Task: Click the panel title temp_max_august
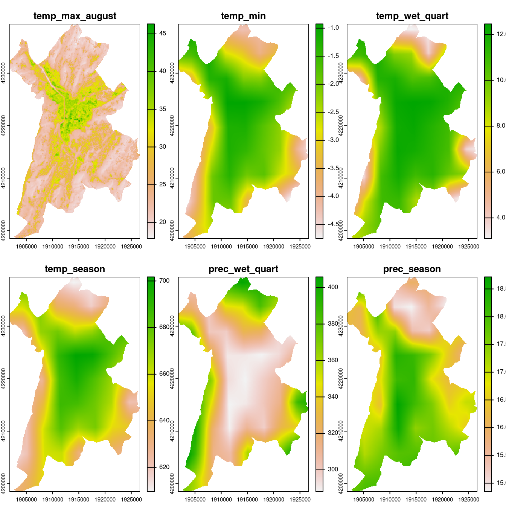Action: coord(75,16)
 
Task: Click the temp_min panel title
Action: coord(243,16)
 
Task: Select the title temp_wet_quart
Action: coord(412,16)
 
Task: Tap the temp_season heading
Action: coord(75,269)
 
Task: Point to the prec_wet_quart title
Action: coord(243,269)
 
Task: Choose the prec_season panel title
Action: coord(412,269)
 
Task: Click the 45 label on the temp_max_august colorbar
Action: coord(163,34)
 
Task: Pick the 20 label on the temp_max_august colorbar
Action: coord(163,222)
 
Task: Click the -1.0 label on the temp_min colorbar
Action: coord(333,28)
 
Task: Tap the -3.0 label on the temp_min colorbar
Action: coord(333,140)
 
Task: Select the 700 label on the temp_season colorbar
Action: coord(165,281)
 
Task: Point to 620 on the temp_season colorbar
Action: coord(165,467)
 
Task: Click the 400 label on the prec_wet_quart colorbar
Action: coord(333,287)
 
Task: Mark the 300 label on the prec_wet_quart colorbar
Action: coord(333,469)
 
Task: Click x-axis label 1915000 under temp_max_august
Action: coord(79,247)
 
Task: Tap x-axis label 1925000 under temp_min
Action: coord(300,247)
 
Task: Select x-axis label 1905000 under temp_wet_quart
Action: coord(364,247)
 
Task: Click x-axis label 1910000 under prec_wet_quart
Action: coord(221,500)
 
